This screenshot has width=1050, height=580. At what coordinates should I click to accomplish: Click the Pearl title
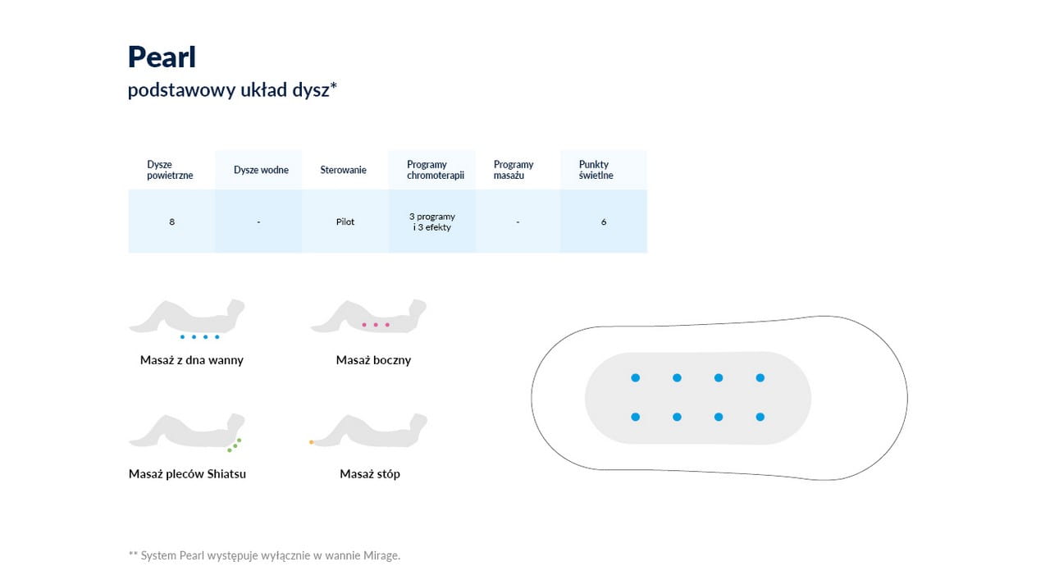click(162, 57)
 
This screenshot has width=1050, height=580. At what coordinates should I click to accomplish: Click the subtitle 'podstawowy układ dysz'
click(232, 89)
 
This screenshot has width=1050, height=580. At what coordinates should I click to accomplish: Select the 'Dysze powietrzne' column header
click(170, 170)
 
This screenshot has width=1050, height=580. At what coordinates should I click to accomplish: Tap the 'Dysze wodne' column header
click(261, 170)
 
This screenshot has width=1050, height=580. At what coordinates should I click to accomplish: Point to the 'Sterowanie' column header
click(343, 170)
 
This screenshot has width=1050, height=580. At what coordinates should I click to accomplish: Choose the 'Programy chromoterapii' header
click(436, 170)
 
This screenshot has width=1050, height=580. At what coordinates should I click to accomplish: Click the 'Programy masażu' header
click(514, 170)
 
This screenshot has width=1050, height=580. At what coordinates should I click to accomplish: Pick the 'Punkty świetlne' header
click(596, 170)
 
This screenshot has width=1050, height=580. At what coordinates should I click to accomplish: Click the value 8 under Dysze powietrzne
click(172, 221)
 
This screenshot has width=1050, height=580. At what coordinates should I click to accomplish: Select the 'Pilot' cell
click(345, 221)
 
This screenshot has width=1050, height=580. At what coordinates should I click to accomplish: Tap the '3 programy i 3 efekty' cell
click(431, 221)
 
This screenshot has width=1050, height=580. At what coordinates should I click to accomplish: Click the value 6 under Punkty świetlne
click(604, 221)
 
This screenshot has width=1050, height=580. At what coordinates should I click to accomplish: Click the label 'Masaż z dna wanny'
click(192, 360)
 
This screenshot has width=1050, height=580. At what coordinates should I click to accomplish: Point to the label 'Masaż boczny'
click(373, 360)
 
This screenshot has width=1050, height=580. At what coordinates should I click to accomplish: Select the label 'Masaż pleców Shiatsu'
click(187, 474)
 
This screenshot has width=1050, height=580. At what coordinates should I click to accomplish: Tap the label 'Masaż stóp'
click(370, 474)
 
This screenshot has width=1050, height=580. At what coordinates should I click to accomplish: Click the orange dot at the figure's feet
click(311, 442)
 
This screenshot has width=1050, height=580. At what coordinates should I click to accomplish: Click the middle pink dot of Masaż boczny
click(376, 325)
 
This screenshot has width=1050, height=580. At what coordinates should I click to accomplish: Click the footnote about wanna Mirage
click(264, 555)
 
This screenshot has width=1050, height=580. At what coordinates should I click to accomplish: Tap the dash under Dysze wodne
click(258, 221)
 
